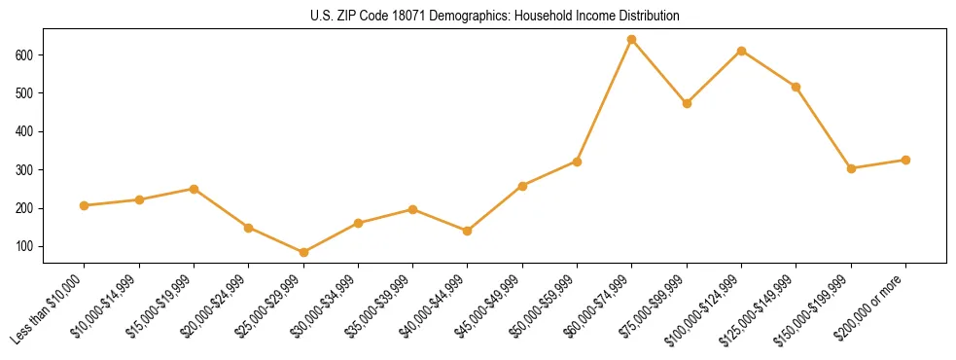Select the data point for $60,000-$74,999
pyautogui.click(x=632, y=40)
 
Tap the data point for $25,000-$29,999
pyautogui.click(x=303, y=253)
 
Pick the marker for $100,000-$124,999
pyautogui.click(x=742, y=51)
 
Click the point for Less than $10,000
pyautogui.click(x=85, y=205)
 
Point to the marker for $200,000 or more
pyautogui.click(x=906, y=160)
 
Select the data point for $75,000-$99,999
pyautogui.click(x=688, y=103)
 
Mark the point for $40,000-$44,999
pyautogui.click(x=468, y=231)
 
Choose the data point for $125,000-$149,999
pyautogui.click(x=797, y=87)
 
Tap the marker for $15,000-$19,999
pyautogui.click(x=195, y=189)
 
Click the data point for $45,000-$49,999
pyautogui.click(x=523, y=185)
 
